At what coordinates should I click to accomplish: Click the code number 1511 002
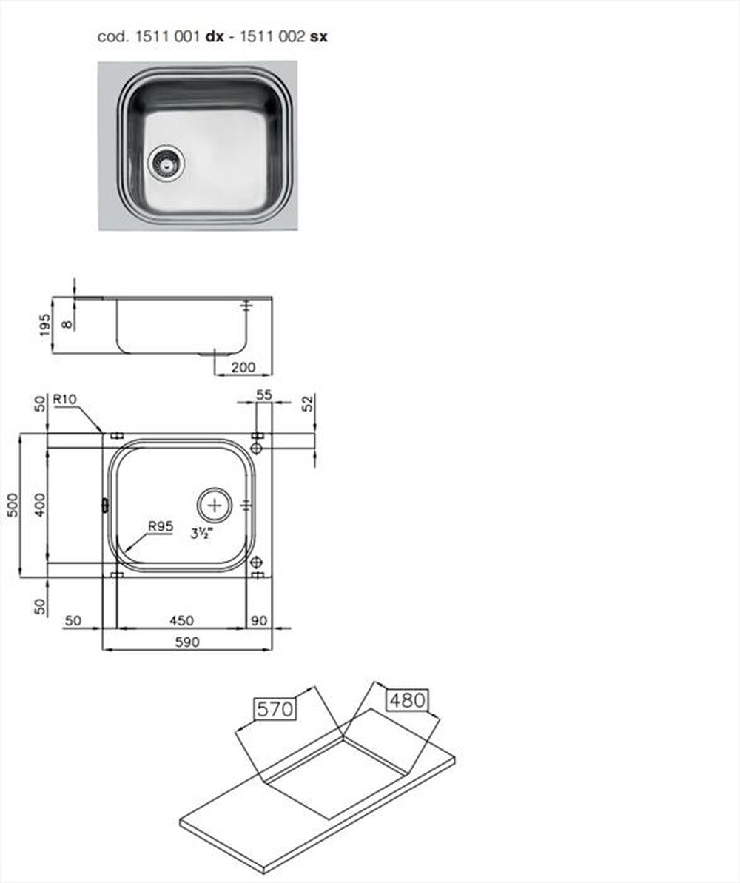coord(277,36)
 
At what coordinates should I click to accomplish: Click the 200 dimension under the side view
coord(243,366)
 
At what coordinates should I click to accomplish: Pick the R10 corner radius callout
coord(64,400)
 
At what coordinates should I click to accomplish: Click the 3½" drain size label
coord(199,533)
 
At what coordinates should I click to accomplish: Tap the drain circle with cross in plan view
coord(215,506)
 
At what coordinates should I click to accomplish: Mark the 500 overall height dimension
coord(10,506)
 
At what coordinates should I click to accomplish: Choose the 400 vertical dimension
coord(40,506)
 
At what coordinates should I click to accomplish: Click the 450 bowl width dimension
coord(181,620)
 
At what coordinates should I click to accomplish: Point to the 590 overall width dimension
coord(186,642)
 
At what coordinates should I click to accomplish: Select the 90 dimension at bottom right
coord(260,620)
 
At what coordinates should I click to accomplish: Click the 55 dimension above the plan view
coord(263,396)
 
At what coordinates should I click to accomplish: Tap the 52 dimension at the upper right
coord(309,403)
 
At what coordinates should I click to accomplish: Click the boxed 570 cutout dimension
coord(275,709)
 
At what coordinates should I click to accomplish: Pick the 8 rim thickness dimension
coord(68,323)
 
